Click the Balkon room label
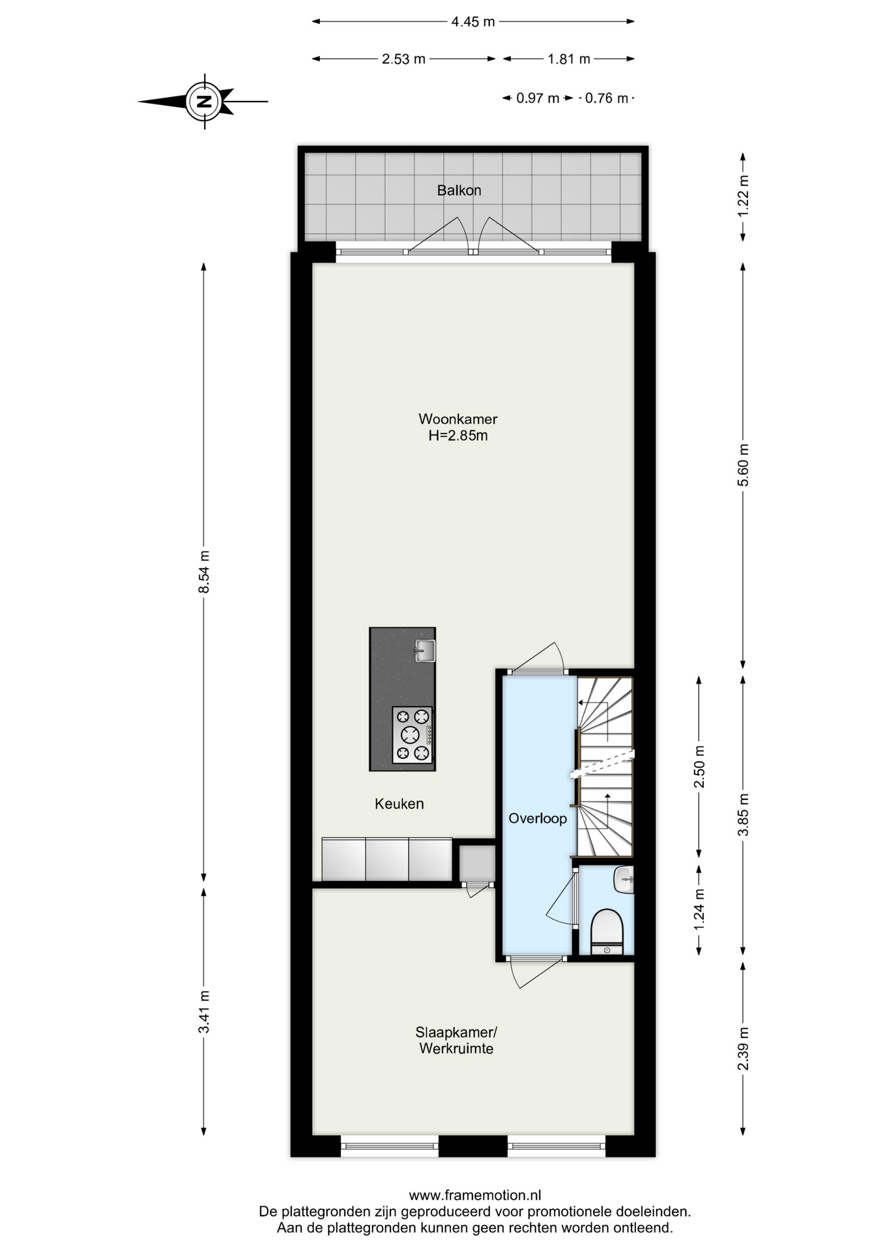459,190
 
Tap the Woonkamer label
457,419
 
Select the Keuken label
399,804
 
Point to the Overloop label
538,818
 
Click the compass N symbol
205,101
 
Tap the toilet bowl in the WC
607,931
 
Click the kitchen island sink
425,651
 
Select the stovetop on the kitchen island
413,735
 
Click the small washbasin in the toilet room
624,880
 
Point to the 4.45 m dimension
473,22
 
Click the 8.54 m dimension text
204,572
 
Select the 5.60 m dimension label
744,465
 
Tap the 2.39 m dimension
744,1049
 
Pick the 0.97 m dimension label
538,98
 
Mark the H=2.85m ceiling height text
457,436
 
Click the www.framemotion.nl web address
475,1195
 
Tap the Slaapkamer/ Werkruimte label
456,1041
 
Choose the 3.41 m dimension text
204,1011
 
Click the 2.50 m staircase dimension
699,766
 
